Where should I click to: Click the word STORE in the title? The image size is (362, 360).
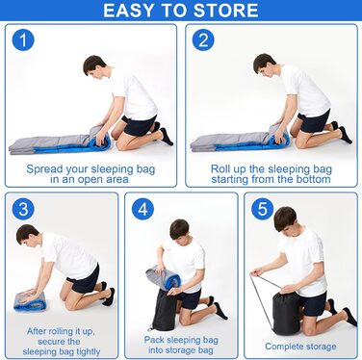click(x=226, y=11)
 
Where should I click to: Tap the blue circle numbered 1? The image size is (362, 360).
click(x=23, y=40)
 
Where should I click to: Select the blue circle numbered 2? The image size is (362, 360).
click(x=203, y=40)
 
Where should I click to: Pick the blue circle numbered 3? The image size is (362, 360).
click(x=23, y=209)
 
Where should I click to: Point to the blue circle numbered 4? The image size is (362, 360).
click(x=142, y=209)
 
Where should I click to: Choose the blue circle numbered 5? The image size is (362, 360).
click(x=262, y=209)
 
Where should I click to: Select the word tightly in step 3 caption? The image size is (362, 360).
click(x=85, y=352)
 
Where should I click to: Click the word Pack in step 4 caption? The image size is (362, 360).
click(x=154, y=340)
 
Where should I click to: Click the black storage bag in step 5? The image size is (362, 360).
click(x=287, y=312)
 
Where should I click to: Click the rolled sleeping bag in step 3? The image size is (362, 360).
click(x=30, y=300)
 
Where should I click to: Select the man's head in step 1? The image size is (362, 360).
click(x=94, y=66)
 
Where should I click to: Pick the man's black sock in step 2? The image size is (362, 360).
click(x=345, y=135)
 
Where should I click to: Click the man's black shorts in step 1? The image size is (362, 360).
click(x=139, y=124)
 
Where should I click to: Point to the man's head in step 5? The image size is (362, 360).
click(x=285, y=219)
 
